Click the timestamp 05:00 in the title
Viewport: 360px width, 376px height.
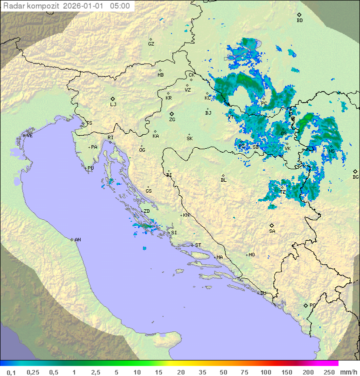point(121,6)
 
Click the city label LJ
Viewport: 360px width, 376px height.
point(113,104)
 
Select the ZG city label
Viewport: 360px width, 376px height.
point(172,120)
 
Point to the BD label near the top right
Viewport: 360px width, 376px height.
point(299,21)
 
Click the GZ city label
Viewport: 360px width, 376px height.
point(151,44)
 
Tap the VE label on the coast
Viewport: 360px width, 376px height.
point(29,136)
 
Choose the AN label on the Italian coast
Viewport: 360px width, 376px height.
point(77,240)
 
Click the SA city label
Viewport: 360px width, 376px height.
point(272,231)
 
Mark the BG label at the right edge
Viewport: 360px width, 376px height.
point(355,177)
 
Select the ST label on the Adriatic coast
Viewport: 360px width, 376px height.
point(198,245)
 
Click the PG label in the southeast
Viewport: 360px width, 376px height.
point(312,305)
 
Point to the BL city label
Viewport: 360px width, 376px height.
point(223,180)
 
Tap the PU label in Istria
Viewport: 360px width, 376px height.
point(90,168)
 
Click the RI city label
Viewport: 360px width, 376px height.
point(110,137)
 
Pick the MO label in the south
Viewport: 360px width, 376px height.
point(251,254)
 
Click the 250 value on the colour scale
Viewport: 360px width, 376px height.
point(328,372)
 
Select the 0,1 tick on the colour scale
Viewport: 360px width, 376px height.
point(11,372)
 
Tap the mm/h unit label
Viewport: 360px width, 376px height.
point(348,372)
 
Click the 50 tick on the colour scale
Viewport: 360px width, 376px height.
point(223,372)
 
